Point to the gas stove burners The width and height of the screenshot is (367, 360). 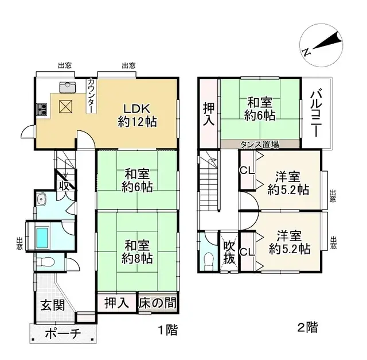point(42,108)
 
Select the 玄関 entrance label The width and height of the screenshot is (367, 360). point(52,305)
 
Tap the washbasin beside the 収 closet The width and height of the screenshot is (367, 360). point(41,201)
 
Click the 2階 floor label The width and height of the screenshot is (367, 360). point(307,328)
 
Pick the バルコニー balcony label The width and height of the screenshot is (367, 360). point(316,112)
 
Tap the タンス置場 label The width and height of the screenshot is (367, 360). point(260,144)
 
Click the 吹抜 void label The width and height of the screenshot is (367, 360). point(229,252)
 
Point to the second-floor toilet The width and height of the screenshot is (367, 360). point(207,260)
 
